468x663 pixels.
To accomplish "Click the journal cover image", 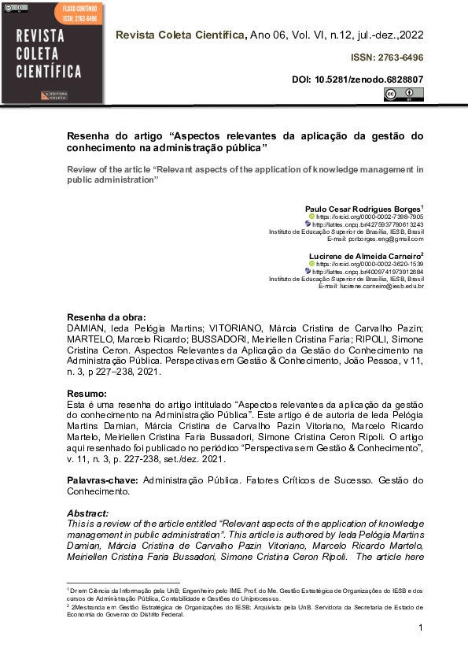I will tap(53, 53).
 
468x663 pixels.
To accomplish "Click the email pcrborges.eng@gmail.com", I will tap(382, 239).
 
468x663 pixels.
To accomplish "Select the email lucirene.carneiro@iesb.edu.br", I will tap(381, 287).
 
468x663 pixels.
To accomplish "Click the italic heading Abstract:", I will tap(88, 513).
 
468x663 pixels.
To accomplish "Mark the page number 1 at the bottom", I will tap(421, 628).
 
